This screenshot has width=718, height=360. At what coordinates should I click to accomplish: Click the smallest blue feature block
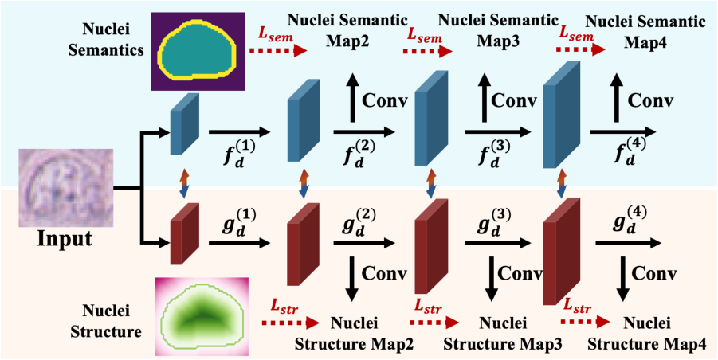[183, 124]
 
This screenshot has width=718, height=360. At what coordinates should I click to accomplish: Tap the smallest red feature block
[183, 233]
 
